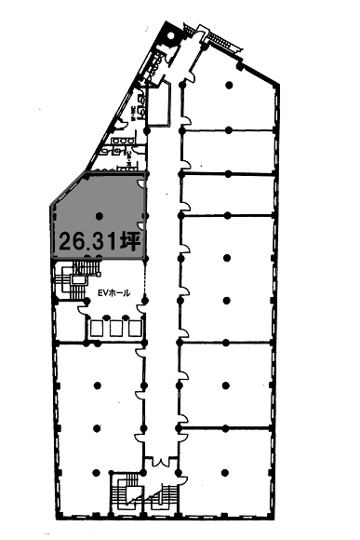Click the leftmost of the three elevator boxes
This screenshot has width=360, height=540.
point(96,328)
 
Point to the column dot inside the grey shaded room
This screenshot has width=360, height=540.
point(97,217)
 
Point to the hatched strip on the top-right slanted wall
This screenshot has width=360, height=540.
point(220,41)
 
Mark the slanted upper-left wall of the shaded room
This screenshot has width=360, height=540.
point(65,192)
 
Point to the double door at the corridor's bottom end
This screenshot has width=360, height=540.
point(162,463)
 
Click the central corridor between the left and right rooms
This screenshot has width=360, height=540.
point(162,279)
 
